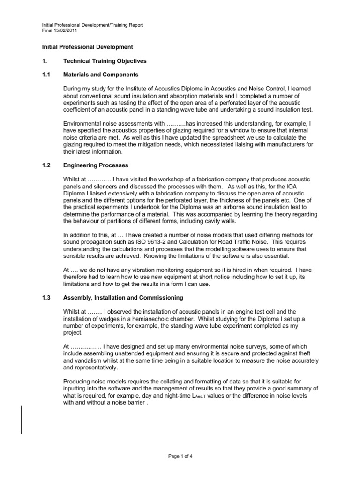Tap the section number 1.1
(41, 75)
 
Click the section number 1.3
(41, 298)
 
